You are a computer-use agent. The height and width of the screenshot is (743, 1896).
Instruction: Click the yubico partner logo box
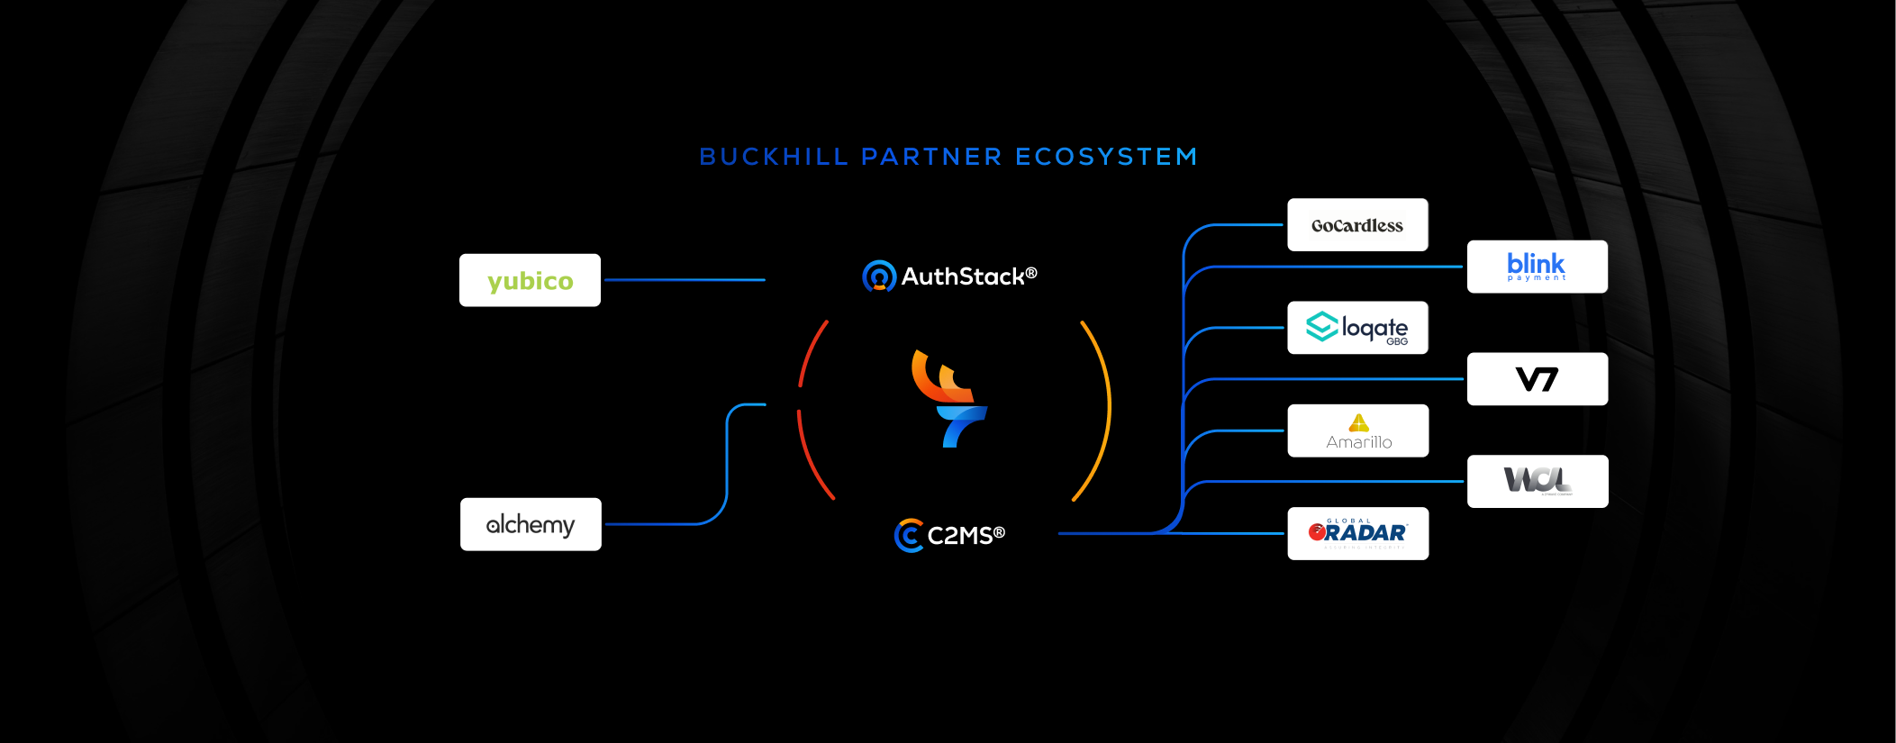tap(530, 280)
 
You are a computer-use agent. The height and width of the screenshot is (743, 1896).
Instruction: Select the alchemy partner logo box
tap(531, 524)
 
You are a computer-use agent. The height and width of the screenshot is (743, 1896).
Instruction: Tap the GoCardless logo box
tap(1357, 225)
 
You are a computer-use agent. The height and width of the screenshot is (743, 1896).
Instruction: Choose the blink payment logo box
tap(1537, 267)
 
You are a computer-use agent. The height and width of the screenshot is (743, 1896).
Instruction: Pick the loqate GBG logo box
tap(1357, 328)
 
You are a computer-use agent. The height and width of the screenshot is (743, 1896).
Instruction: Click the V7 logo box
tap(1537, 379)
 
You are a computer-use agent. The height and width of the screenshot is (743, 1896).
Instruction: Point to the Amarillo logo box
tap(1357, 431)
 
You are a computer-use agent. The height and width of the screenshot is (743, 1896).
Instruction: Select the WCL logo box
tap(1537, 482)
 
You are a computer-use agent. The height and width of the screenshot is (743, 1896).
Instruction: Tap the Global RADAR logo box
tap(1357, 533)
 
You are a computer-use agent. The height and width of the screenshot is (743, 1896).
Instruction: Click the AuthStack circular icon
tap(878, 276)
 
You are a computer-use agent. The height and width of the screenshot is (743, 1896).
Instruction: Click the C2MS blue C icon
tap(909, 535)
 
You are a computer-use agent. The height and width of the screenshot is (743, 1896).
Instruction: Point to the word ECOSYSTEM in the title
tap(1106, 157)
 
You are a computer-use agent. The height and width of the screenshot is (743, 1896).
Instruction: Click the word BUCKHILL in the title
tap(774, 157)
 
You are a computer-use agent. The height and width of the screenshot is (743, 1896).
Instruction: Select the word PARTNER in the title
tap(931, 157)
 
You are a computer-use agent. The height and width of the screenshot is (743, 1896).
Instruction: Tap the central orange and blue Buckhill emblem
tap(948, 398)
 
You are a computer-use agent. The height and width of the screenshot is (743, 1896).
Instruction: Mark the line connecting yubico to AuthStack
tap(685, 280)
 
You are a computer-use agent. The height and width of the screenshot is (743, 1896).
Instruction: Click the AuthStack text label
tap(968, 276)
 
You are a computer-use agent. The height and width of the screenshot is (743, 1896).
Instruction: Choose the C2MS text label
tap(966, 536)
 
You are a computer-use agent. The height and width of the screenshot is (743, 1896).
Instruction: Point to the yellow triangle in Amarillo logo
tap(1358, 422)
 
